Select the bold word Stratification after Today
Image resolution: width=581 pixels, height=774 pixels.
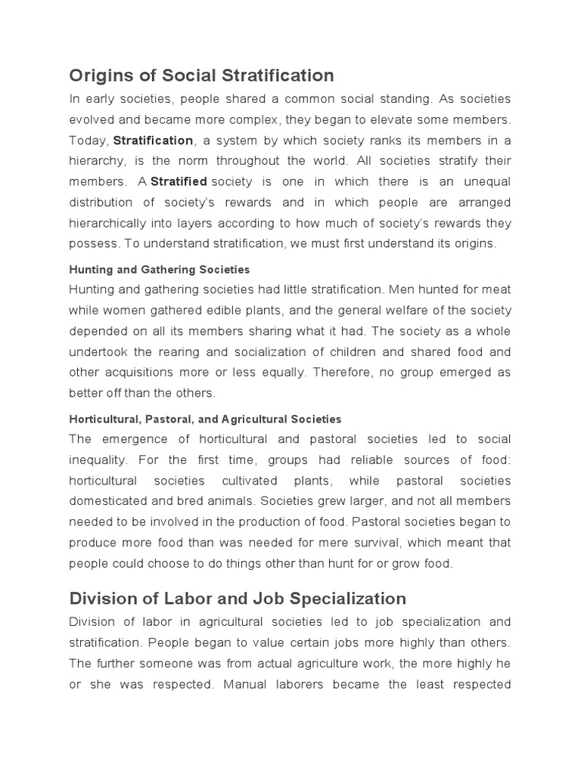click(x=154, y=141)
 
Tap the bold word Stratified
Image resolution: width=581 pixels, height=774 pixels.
click(x=179, y=182)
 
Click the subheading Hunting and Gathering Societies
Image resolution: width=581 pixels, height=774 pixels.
click(x=160, y=269)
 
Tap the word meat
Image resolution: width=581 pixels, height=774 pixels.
click(x=496, y=289)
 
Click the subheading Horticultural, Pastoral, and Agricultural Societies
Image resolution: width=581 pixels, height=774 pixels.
click(x=205, y=419)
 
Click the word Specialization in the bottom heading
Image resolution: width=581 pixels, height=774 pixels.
click(x=350, y=599)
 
